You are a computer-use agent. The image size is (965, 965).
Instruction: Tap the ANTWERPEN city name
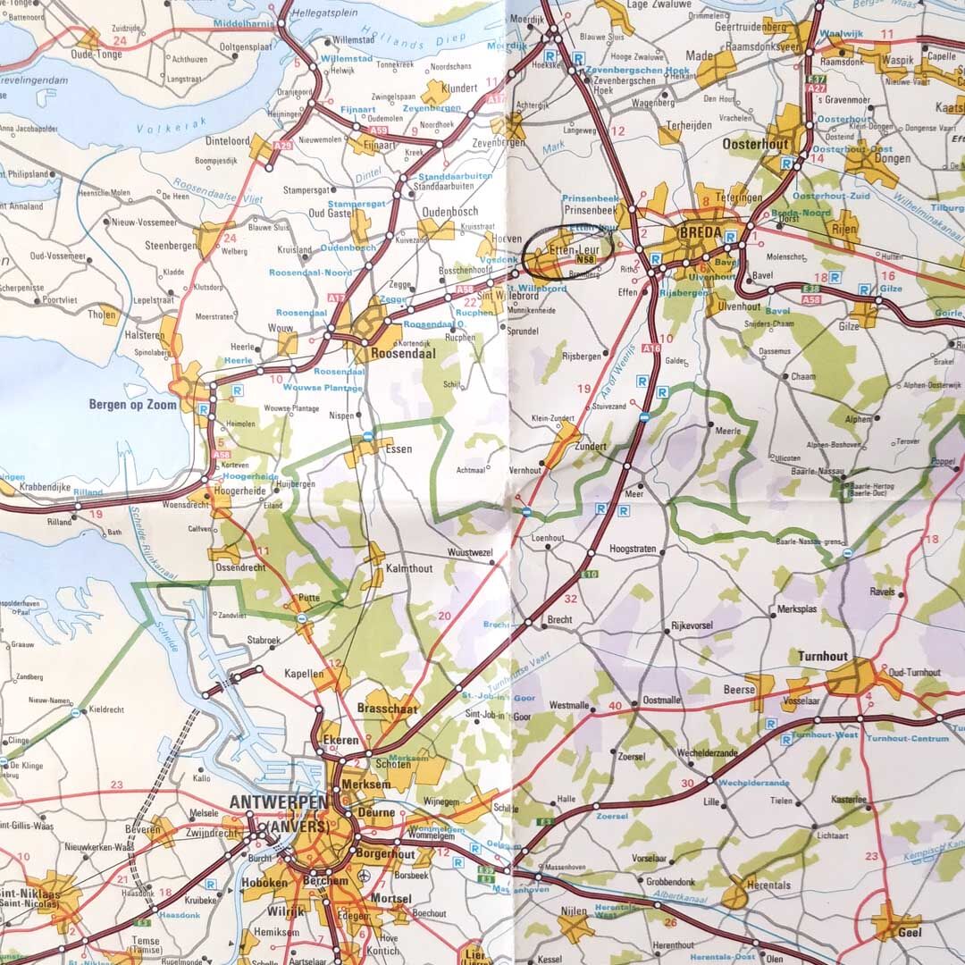[278, 803]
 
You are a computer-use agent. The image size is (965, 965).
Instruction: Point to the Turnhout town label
[823, 656]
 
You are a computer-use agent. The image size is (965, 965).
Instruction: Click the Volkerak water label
[162, 129]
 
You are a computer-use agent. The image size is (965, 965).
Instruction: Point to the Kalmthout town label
[408, 568]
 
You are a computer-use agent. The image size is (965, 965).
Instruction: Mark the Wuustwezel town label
[470, 553]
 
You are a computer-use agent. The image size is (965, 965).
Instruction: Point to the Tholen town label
[102, 315]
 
